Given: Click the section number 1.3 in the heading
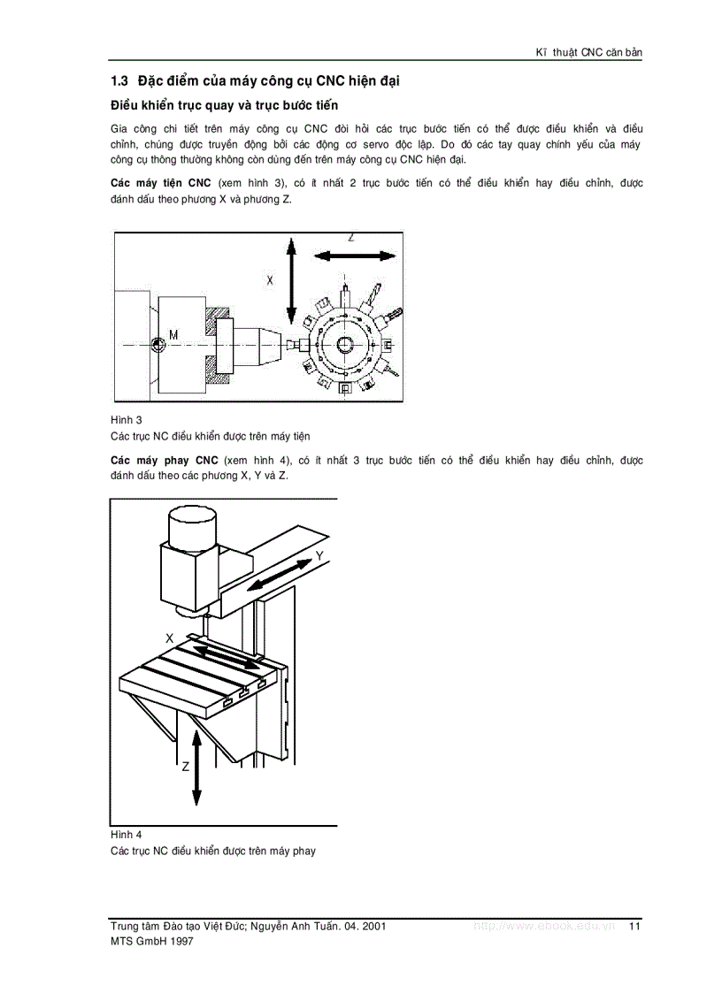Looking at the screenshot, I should tap(119, 81).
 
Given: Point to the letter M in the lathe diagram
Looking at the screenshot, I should tap(174, 333).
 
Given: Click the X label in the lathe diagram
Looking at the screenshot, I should tap(271, 279).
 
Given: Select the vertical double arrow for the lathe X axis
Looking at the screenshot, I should tap(289, 281).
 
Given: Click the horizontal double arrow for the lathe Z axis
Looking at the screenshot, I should tap(354, 256).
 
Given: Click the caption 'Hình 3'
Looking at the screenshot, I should tap(127, 419).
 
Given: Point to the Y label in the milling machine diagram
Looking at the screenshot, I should tap(319, 556).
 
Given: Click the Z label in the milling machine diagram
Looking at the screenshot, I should tap(186, 767).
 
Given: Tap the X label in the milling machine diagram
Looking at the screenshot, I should tap(169, 637).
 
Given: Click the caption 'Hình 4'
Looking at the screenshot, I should tap(127, 834).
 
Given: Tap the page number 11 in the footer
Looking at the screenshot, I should tap(634, 926).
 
